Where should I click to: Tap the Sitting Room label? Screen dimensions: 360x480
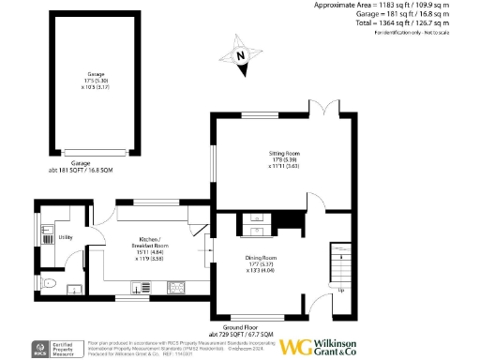click(x=284, y=158)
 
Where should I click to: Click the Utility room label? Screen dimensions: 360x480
click(x=66, y=237)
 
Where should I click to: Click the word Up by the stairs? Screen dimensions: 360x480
click(x=340, y=289)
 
